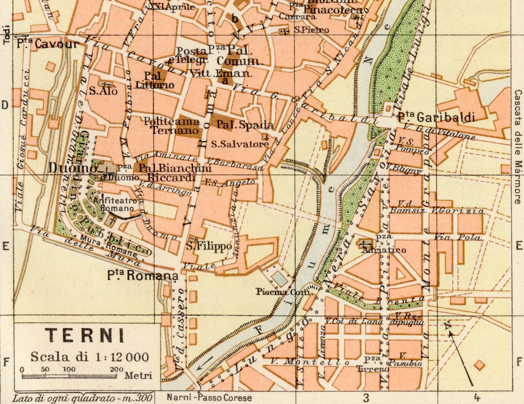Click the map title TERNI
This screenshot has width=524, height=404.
[85, 336]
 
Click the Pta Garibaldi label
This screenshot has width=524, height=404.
[435, 117]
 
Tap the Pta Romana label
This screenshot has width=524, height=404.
[143, 276]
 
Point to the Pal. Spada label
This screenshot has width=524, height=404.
[245, 125]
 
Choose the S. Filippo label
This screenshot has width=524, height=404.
[209, 246]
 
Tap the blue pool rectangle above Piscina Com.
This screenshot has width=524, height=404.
[279, 278]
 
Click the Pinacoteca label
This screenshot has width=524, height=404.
[333, 10]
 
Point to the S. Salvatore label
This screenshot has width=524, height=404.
[240, 144]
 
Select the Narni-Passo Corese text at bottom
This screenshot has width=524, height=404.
[209, 398]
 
